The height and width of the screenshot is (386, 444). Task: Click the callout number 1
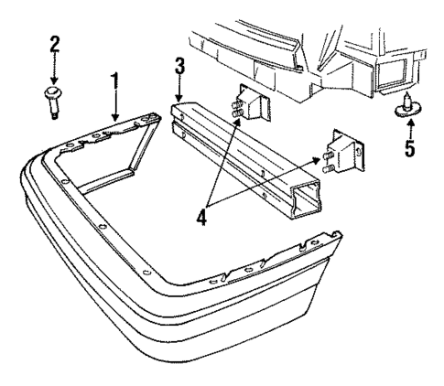[x=114, y=81]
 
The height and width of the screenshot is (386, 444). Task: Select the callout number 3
[x=180, y=66]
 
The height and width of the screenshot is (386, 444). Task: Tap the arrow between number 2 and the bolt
[x=53, y=69]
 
